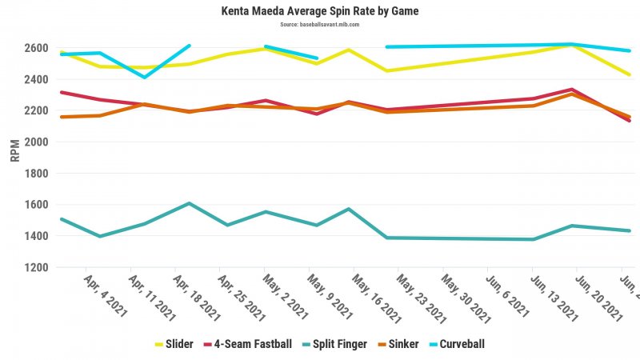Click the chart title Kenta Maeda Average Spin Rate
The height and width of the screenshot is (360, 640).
click(320, 11)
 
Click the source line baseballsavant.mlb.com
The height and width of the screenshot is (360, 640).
click(320, 24)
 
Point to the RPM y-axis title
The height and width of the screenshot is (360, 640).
click(14, 150)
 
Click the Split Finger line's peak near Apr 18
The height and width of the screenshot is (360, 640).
click(188, 203)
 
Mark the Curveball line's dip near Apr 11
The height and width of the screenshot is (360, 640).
click(144, 77)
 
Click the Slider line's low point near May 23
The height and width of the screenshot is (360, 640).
click(387, 70)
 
